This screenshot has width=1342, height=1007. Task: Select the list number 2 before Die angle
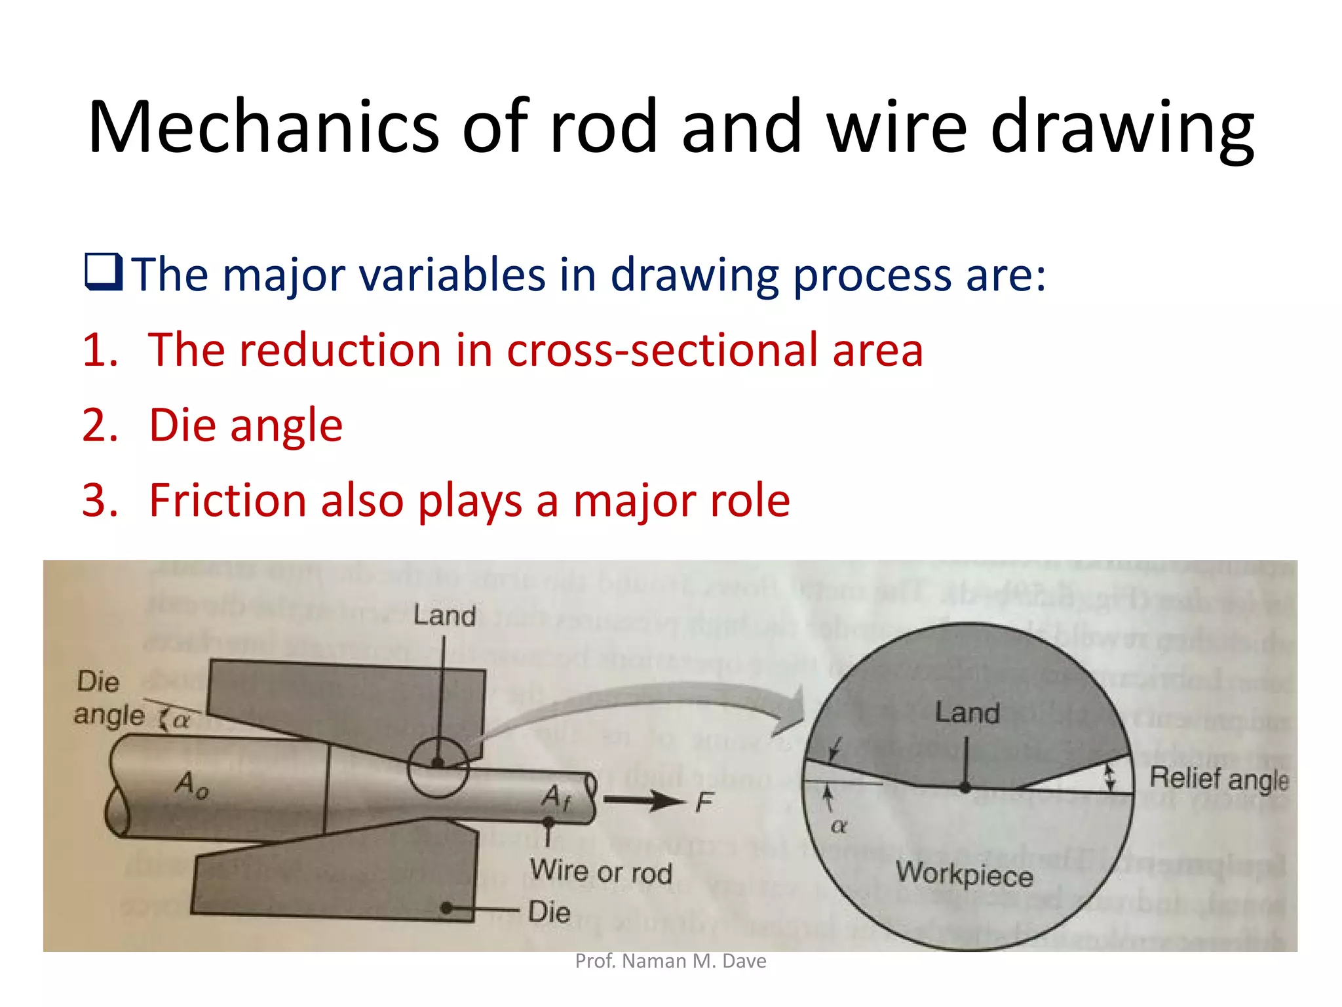pos(100,425)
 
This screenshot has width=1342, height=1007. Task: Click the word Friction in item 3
pos(226,500)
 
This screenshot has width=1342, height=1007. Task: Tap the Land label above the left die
pos(444,616)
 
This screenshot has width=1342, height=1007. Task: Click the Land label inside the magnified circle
pos(967,713)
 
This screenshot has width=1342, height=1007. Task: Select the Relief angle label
pos(1219,779)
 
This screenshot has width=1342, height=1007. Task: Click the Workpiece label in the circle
pos(964,875)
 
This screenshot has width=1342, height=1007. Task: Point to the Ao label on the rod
pos(191,784)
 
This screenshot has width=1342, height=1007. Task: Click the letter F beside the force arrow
pos(704,802)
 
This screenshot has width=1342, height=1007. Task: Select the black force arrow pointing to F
pos(642,800)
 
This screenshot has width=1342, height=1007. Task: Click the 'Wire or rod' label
pos(601,872)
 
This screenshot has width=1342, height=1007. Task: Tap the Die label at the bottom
pos(549,912)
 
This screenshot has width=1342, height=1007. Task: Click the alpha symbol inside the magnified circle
pos(839,827)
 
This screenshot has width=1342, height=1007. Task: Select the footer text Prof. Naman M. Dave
pos(670,961)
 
